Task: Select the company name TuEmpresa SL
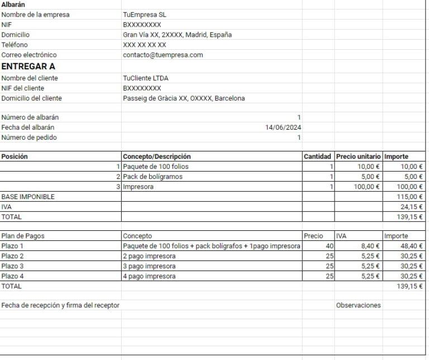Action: (x=142, y=15)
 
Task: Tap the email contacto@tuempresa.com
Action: (x=163, y=55)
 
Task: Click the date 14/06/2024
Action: (x=283, y=127)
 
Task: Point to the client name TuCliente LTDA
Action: (x=145, y=78)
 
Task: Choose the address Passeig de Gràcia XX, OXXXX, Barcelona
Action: (x=183, y=98)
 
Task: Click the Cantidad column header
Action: (x=317, y=157)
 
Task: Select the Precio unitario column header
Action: (x=358, y=157)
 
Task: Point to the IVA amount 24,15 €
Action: (x=413, y=207)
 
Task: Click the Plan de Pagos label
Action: (x=23, y=236)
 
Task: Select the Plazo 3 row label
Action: (x=13, y=266)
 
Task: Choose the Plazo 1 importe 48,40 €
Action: (x=412, y=246)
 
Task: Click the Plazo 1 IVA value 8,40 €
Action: (x=370, y=246)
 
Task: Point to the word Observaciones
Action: (x=358, y=305)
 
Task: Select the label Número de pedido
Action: (x=29, y=138)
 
